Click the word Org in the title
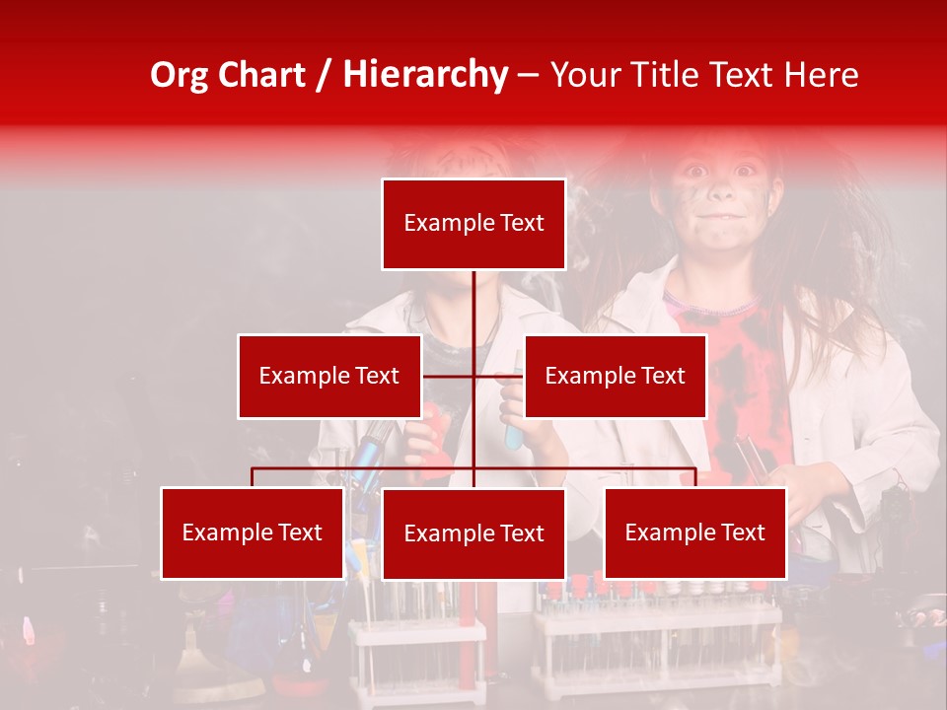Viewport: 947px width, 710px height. pos(181,75)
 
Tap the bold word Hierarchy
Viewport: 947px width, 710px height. pos(424,75)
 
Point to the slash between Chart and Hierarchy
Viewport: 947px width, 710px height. pos(323,75)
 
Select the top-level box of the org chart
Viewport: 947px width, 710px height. pos(473,224)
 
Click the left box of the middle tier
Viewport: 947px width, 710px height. pos(328,376)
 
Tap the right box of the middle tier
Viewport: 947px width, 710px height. pos(615,376)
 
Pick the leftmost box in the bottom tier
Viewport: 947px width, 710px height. pos(252,532)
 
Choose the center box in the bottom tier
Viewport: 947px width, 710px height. pos(473,533)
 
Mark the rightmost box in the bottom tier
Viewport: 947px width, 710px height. pos(694,532)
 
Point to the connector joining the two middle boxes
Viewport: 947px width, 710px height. pos(473,376)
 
